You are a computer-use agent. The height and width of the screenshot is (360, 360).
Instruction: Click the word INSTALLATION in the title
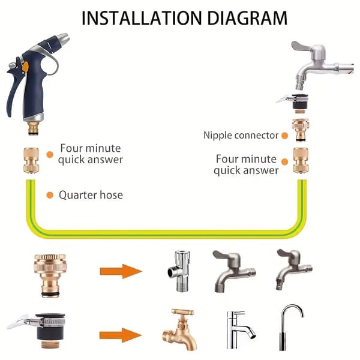(x=142, y=18)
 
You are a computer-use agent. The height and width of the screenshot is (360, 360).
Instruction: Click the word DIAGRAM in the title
(x=247, y=18)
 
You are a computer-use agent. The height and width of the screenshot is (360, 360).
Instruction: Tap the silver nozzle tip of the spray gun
(x=63, y=39)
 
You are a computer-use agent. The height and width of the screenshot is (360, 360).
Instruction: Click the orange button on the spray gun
(x=25, y=67)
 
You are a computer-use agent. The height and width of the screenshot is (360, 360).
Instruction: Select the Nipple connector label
(x=241, y=135)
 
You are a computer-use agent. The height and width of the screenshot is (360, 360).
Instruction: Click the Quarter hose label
(x=91, y=195)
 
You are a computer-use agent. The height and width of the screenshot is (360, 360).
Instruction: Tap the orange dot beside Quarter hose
(x=50, y=195)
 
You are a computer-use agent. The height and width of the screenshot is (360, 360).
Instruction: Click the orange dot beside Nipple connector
(x=284, y=136)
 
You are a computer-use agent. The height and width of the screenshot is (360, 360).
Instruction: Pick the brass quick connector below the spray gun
(x=31, y=160)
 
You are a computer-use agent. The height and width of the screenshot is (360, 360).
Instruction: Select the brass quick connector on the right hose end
(x=301, y=160)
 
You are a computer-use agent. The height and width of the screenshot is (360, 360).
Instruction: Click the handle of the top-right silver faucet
(x=301, y=46)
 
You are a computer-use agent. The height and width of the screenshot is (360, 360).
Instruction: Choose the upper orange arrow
(x=121, y=271)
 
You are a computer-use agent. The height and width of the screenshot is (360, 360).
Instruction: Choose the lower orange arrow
(x=121, y=335)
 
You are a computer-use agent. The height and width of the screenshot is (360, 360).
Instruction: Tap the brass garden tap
(x=180, y=329)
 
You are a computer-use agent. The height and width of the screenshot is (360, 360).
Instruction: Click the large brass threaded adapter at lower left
(x=50, y=275)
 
